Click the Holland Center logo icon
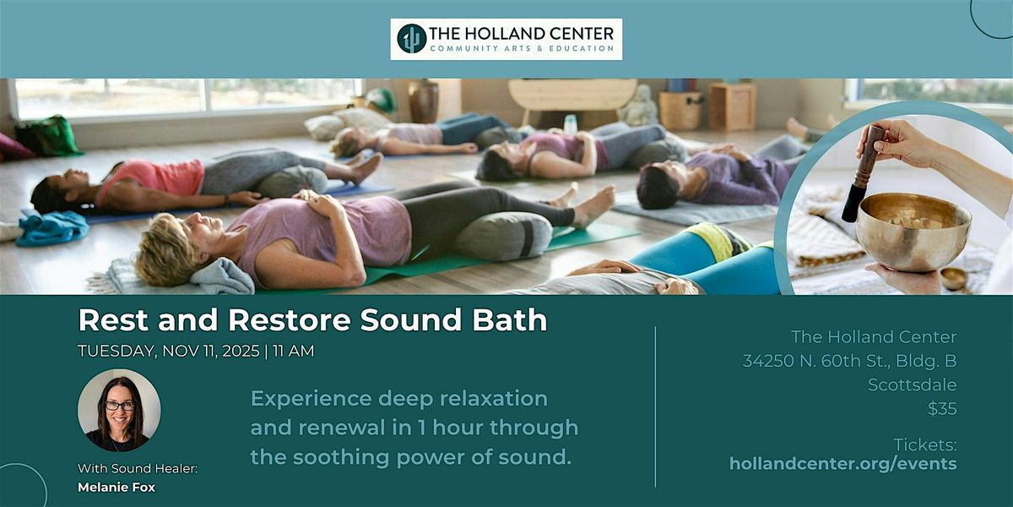click(x=412, y=39)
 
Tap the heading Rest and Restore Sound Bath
click(x=312, y=320)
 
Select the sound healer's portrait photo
click(x=119, y=411)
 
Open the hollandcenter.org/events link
click(x=842, y=463)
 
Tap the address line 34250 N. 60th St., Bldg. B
click(x=849, y=362)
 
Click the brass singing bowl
click(x=913, y=230)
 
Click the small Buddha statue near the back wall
click(x=639, y=106)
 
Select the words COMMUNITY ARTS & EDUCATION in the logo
click(x=522, y=48)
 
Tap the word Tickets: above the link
click(x=925, y=444)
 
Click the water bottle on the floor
click(x=571, y=123)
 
